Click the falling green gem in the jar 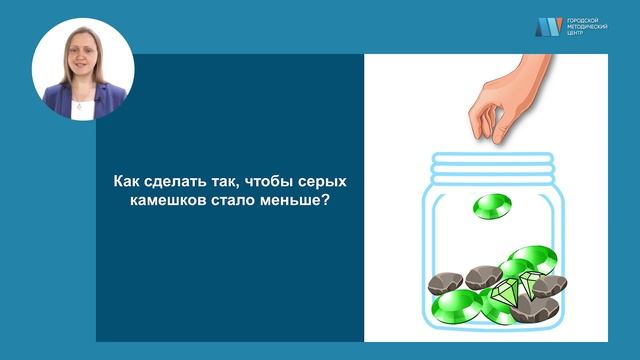click(x=491, y=207)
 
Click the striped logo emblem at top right click(x=548, y=28)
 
